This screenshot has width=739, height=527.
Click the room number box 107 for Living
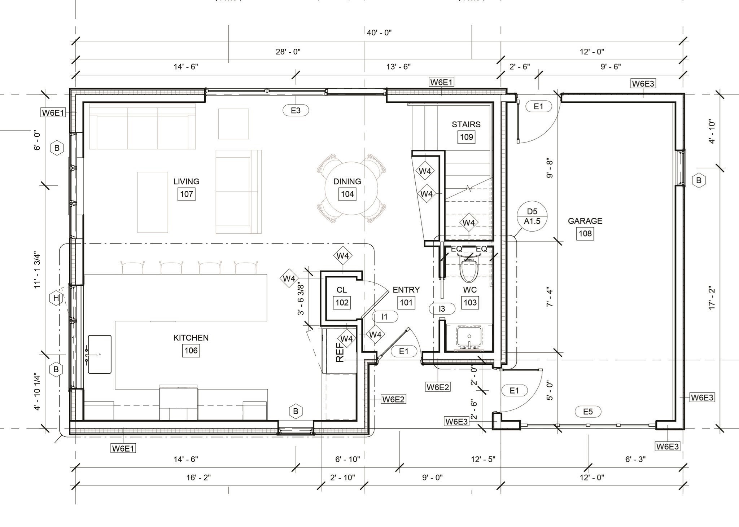coord(186,194)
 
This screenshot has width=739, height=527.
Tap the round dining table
coord(351,188)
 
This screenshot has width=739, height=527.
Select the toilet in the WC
coord(469,268)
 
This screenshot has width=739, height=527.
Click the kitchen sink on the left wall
coord(100,354)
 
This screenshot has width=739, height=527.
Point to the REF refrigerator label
coord(340,352)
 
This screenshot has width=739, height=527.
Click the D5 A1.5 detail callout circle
coord(532,216)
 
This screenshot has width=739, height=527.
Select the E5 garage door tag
coord(587,412)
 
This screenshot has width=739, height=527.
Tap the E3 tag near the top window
coord(296,110)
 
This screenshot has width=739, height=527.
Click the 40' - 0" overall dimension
coord(379,33)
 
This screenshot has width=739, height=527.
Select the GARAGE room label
coord(585,221)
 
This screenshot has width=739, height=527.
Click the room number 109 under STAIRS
coord(466,137)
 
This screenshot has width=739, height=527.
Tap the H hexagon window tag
coord(56,298)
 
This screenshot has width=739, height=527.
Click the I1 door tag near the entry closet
coord(385,317)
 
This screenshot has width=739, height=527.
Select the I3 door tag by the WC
coord(442,308)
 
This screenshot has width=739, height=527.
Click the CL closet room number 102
coord(342,302)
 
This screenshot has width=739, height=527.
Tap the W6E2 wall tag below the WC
coord(437,387)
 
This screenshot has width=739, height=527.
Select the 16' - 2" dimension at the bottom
coord(198,478)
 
